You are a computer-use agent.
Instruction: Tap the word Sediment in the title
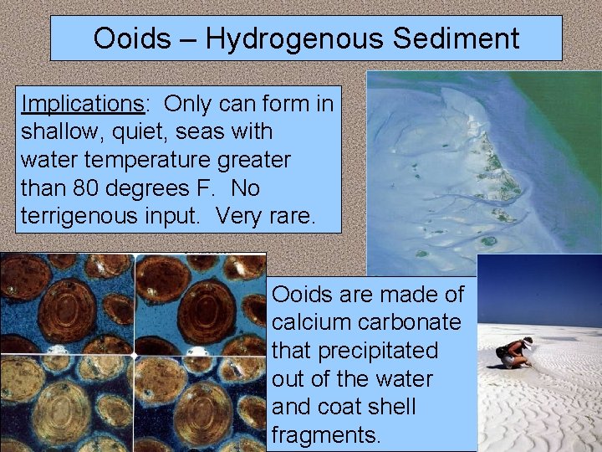click(x=458, y=39)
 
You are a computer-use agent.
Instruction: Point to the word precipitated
click(x=382, y=351)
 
